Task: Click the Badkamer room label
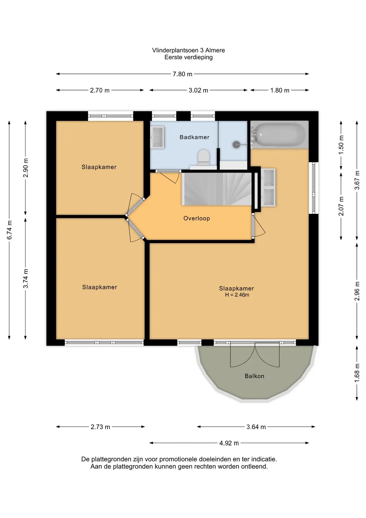[194, 137]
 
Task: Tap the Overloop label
[197, 218]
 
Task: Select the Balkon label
[254, 376]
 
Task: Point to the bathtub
[279, 134]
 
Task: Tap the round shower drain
[236, 145]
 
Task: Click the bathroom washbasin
[157, 137]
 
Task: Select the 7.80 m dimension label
[182, 74]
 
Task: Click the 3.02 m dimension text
[198, 90]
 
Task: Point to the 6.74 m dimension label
[9, 230]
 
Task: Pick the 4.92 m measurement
[229, 443]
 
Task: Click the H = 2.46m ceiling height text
[237, 295]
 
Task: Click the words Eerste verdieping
[188, 57]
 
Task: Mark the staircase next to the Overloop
[217, 189]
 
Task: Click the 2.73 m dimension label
[100, 427]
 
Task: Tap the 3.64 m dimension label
[256, 427]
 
